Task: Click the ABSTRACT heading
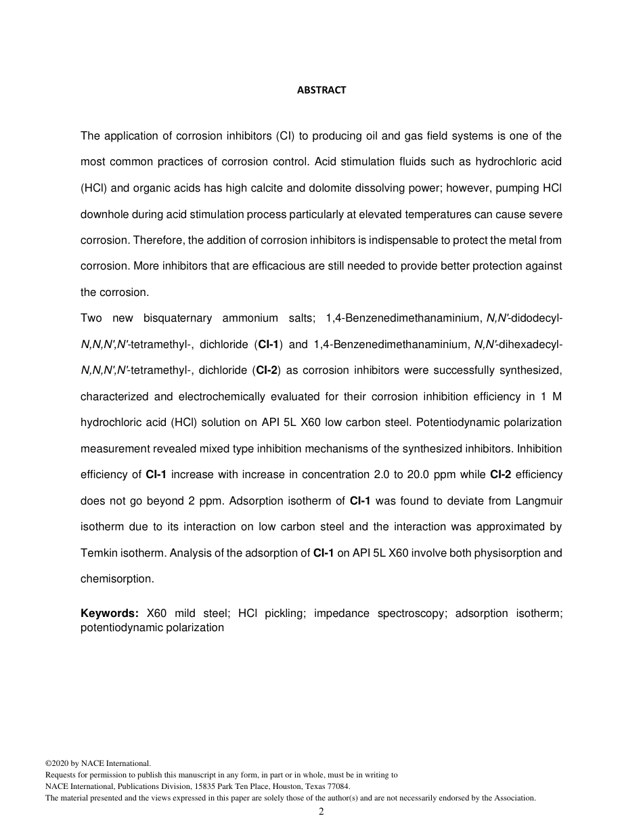[x=321, y=90]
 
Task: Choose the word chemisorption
[x=116, y=579]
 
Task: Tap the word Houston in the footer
[x=274, y=786]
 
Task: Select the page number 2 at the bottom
[x=321, y=812]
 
